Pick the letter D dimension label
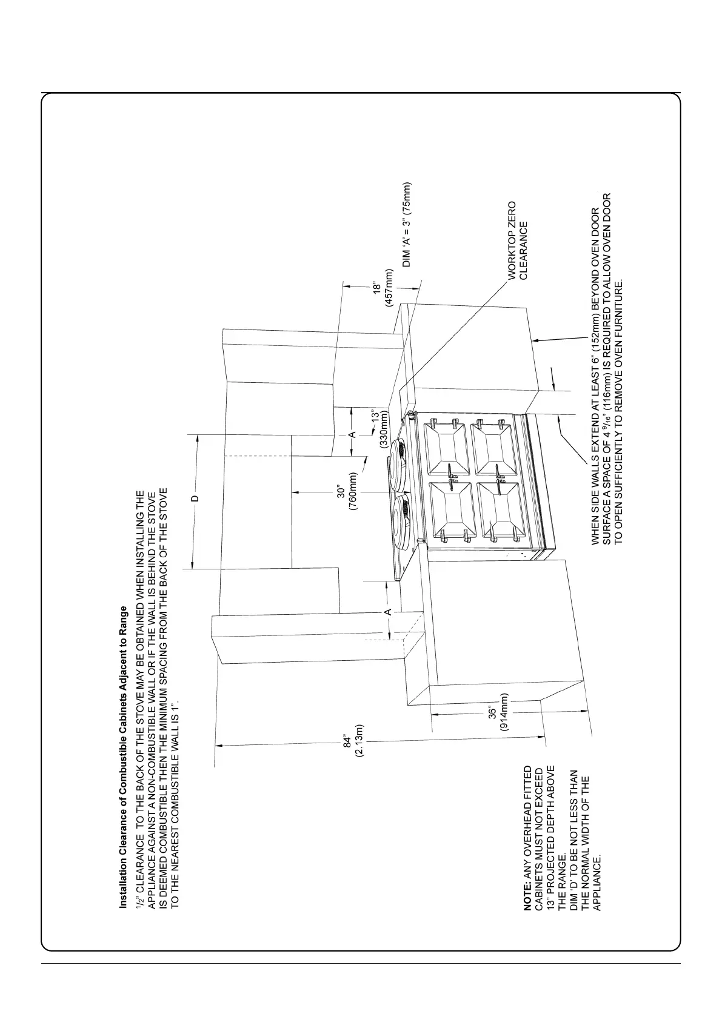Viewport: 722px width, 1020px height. (195, 499)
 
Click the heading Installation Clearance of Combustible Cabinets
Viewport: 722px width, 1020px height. (124, 757)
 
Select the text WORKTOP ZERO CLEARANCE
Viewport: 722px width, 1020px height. (518, 240)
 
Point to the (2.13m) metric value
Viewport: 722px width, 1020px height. (359, 741)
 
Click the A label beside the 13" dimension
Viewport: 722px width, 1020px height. (352, 435)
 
